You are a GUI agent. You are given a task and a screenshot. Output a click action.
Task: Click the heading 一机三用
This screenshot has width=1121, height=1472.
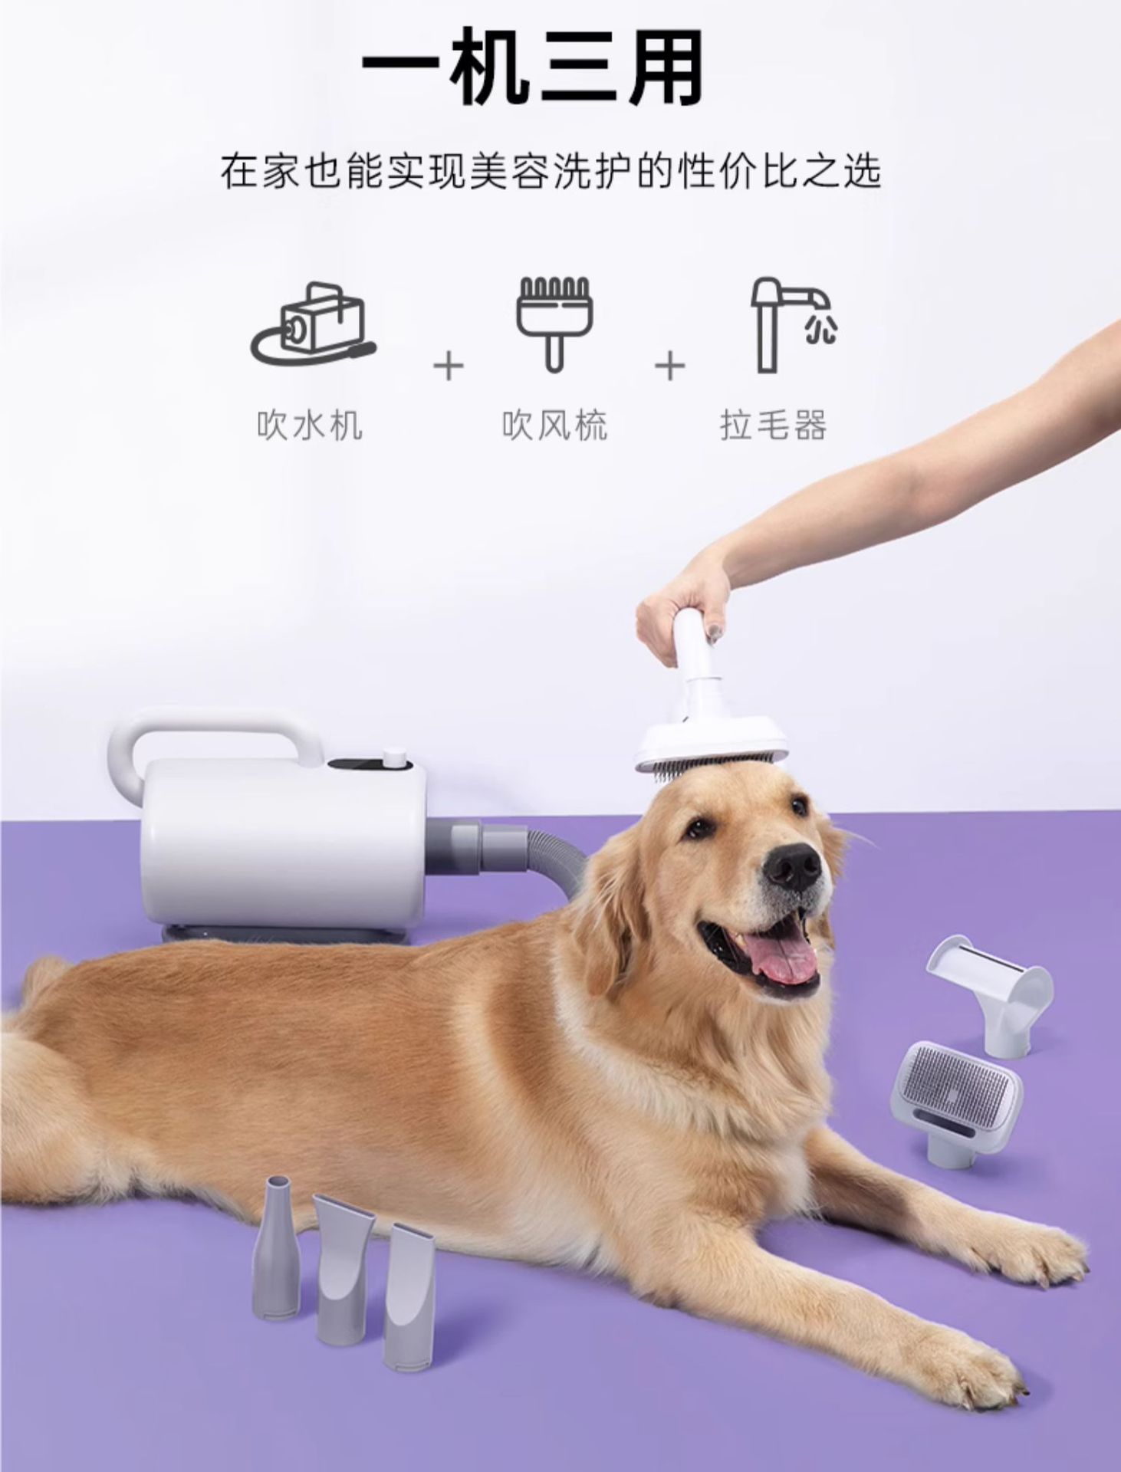(x=532, y=70)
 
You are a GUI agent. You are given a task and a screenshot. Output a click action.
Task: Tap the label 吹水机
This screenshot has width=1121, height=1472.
(x=310, y=425)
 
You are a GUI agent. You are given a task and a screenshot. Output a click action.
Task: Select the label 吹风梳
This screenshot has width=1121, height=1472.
(x=555, y=425)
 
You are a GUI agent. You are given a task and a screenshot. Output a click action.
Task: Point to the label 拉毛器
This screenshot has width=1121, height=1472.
(x=773, y=425)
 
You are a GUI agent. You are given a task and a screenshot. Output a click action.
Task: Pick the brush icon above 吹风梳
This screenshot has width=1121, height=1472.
(x=554, y=323)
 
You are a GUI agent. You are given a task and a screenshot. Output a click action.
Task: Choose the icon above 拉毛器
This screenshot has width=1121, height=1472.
(x=790, y=323)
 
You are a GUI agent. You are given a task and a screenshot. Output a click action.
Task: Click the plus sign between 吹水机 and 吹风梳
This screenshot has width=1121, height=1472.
(x=449, y=366)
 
